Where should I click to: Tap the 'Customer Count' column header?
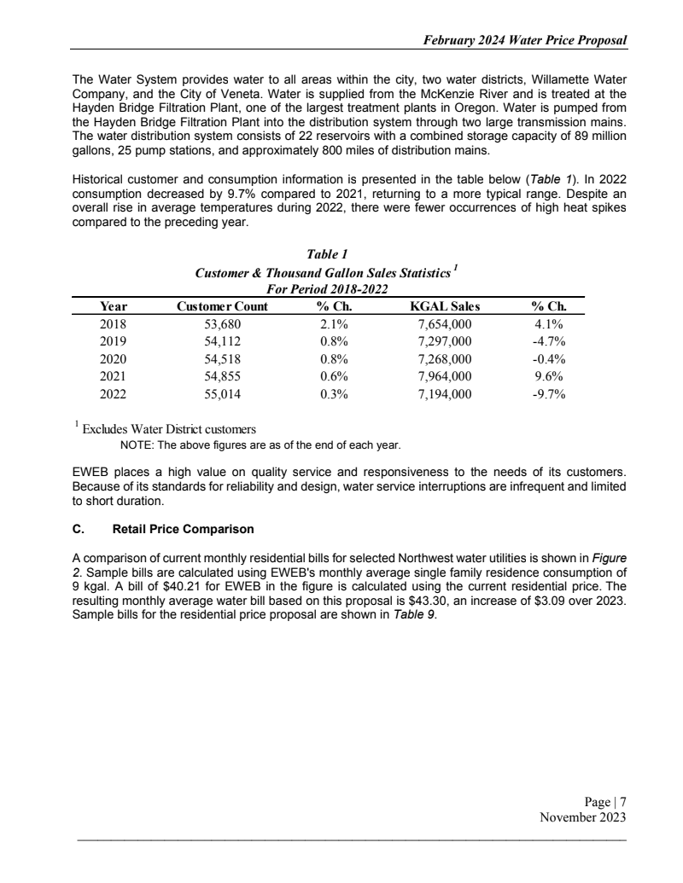pos(221,306)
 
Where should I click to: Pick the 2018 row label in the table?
pos(113,324)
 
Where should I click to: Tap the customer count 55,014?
pos(221,394)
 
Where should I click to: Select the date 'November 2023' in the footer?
pos(583,816)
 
